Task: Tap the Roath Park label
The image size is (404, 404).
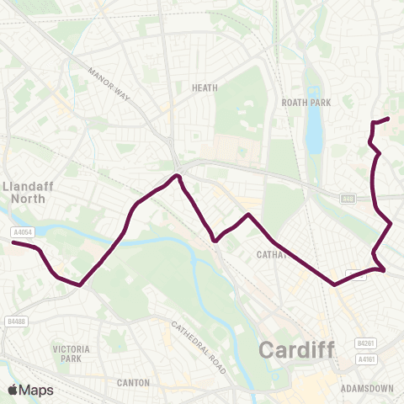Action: [x=307, y=102]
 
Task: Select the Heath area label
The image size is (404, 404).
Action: [x=205, y=87]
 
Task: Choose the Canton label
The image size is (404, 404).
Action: [x=133, y=383]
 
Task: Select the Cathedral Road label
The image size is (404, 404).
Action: [x=199, y=347]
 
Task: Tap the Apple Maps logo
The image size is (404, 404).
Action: [x=30, y=390]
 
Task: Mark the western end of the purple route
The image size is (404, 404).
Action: [x=13, y=243]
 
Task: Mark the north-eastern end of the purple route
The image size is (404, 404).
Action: [x=387, y=119]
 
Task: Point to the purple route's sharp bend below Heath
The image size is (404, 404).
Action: [x=177, y=177]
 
